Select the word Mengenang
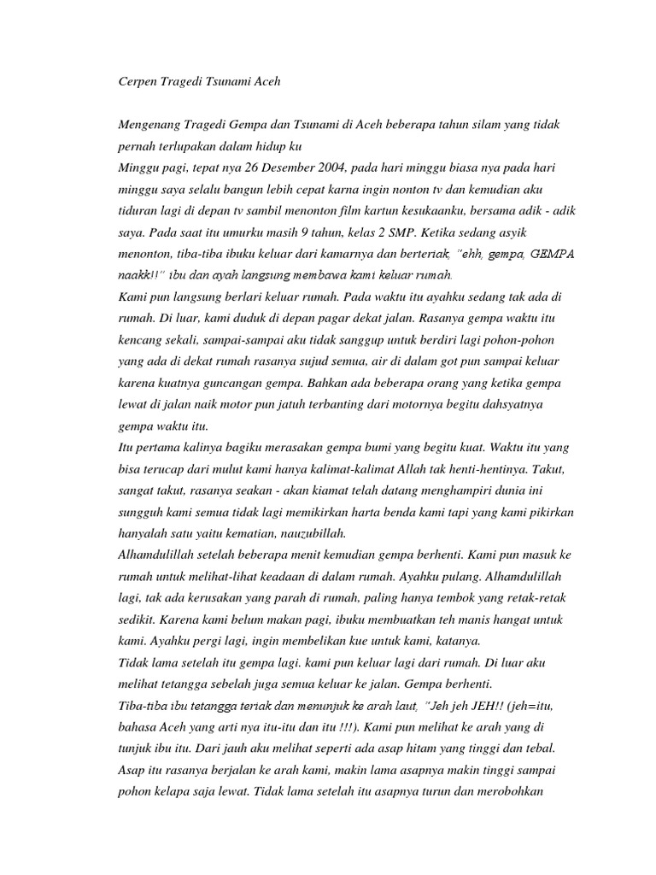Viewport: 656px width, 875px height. (150, 126)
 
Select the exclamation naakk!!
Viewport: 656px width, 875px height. (140, 275)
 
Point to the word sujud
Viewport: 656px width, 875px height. (299, 361)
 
